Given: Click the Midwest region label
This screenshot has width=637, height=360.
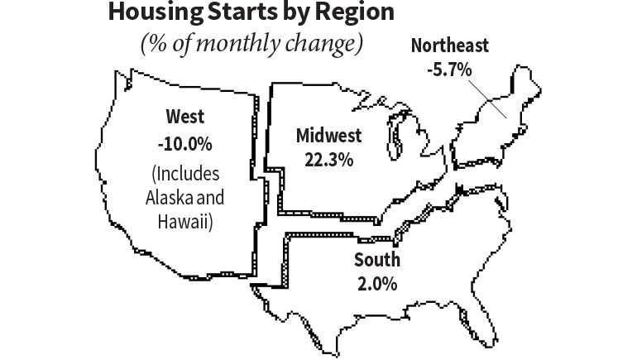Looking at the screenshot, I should [x=328, y=136].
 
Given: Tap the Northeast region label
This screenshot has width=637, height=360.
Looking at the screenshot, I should [x=450, y=46].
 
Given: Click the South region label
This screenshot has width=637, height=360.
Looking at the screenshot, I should [x=376, y=260].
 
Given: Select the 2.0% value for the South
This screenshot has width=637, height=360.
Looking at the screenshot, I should [x=376, y=282].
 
